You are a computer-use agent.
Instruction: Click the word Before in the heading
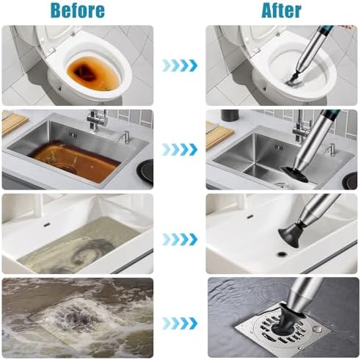(x=78, y=11)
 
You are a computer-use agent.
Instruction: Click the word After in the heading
(x=281, y=11)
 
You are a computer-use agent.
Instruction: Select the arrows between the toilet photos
(x=180, y=65)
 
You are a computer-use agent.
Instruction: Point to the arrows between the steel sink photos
(x=180, y=149)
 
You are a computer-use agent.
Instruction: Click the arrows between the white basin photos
(x=180, y=239)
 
